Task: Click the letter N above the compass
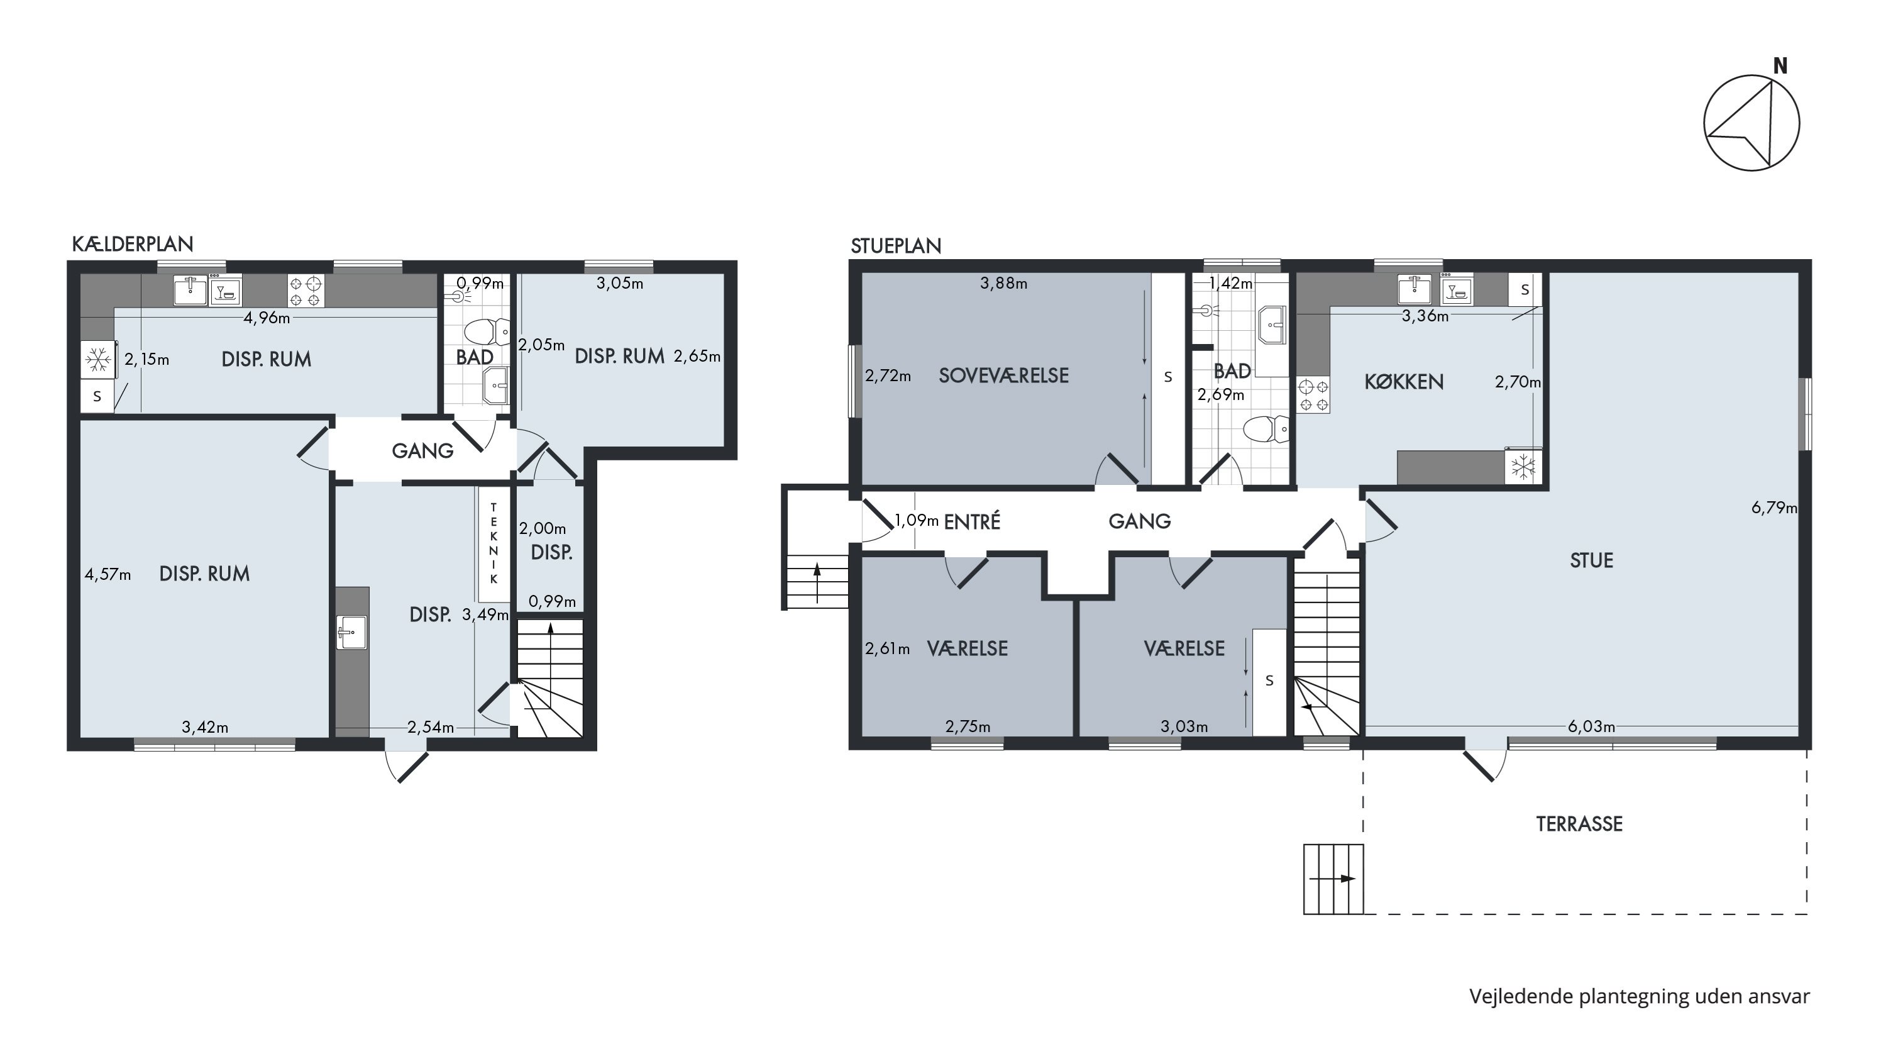point(1780,67)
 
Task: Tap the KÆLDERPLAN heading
point(133,244)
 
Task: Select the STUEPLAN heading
point(895,246)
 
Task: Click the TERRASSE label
point(1579,824)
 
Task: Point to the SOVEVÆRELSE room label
point(1004,375)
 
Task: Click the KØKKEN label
point(1404,382)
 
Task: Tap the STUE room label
point(1592,561)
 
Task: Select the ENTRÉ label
point(971,521)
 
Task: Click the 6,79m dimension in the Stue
point(1774,508)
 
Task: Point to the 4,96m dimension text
point(267,318)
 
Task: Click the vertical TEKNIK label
point(494,543)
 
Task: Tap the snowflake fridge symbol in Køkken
point(1523,467)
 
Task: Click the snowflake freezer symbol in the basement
point(98,360)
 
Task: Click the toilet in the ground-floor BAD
point(1267,429)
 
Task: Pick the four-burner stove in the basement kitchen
point(306,291)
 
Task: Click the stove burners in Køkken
point(1313,395)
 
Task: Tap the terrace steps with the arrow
point(1333,879)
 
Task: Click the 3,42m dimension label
point(205,727)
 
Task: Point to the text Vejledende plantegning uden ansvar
point(1640,997)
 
